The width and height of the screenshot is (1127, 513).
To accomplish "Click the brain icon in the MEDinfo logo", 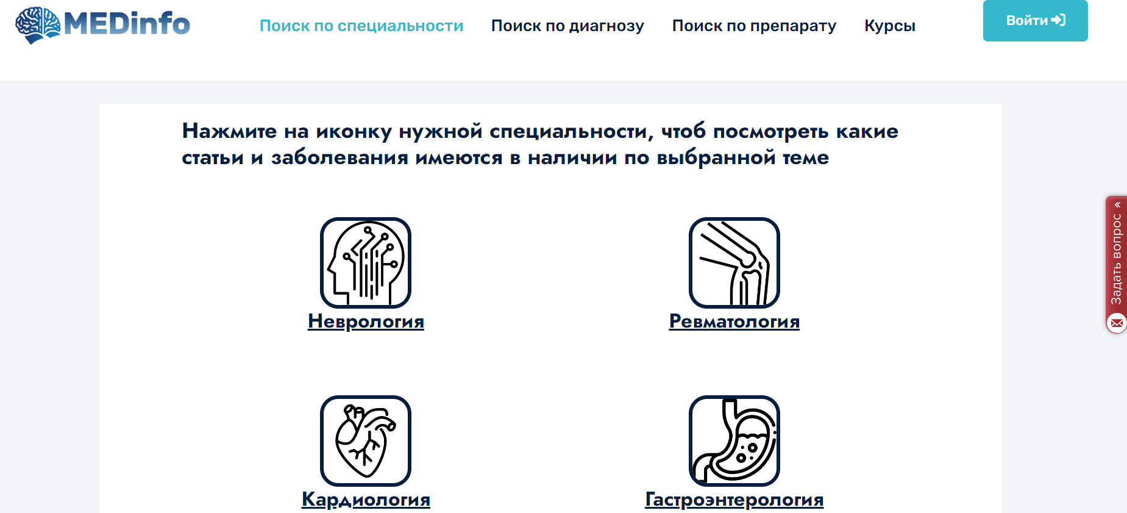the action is click(38, 25).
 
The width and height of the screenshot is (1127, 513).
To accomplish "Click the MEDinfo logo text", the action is click(127, 24).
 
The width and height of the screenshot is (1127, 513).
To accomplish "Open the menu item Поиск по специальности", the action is click(361, 26).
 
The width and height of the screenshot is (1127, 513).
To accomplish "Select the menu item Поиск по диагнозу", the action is click(567, 26).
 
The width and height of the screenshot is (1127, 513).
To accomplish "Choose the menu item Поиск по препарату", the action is click(754, 26).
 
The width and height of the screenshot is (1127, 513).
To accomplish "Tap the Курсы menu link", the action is click(890, 26).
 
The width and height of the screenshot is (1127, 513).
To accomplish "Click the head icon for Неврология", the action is click(366, 263).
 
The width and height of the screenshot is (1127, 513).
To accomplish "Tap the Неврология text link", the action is click(366, 321).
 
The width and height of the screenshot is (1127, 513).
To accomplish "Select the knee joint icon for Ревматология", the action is click(734, 263).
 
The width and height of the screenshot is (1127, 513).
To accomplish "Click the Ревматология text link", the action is click(734, 321).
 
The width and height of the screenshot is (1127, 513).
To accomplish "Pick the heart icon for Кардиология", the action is click(366, 441).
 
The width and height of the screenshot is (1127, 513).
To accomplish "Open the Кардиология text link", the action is click(366, 499).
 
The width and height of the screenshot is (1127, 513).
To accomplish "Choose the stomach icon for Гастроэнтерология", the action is click(734, 441).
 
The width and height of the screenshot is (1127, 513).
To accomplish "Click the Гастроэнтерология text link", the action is click(734, 499).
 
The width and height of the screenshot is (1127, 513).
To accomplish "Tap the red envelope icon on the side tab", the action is click(1117, 323).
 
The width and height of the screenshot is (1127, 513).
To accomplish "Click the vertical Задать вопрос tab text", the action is click(1116, 259).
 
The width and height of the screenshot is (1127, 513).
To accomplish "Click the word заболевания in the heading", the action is click(340, 157).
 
